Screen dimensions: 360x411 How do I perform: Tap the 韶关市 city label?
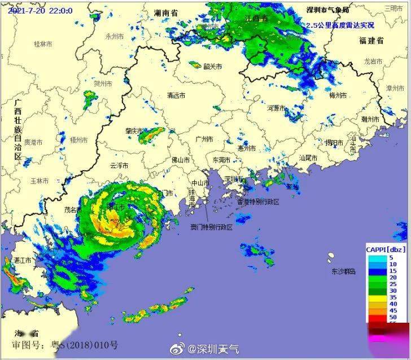[x=213, y=67]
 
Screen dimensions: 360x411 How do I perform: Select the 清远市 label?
[x=176, y=96]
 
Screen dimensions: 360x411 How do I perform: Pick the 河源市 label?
[x=277, y=107]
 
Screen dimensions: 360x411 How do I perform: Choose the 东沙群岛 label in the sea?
[x=344, y=272]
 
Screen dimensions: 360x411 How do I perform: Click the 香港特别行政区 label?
[x=258, y=201]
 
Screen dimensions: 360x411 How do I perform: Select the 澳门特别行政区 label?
[x=211, y=227]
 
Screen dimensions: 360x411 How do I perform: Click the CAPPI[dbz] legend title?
[x=386, y=248]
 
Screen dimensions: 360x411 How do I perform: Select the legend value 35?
[x=392, y=297]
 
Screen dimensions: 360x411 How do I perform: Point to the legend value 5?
[x=391, y=257]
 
